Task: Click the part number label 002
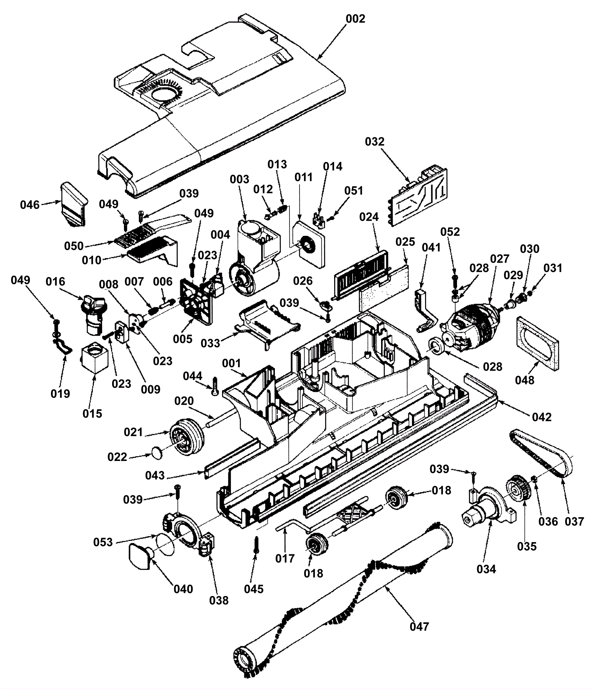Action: pyautogui.click(x=355, y=19)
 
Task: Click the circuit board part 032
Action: pyautogui.click(x=419, y=196)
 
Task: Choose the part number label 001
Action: pyautogui.click(x=231, y=363)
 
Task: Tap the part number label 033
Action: pyautogui.click(x=210, y=343)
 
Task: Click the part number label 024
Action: pyautogui.click(x=369, y=217)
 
